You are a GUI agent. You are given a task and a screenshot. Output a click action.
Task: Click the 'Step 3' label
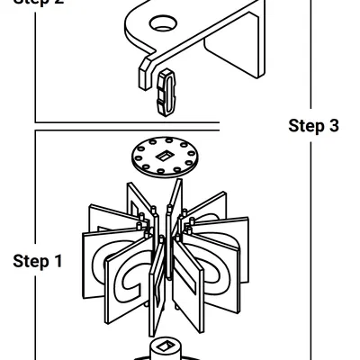(x=313, y=125)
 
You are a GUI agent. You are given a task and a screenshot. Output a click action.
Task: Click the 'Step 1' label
(x=38, y=262)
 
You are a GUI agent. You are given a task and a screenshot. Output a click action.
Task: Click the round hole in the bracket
(x=163, y=22)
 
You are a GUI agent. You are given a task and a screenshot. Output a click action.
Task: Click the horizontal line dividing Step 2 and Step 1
(x=126, y=121)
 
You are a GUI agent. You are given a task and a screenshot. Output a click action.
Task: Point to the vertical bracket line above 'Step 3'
(x=310, y=54)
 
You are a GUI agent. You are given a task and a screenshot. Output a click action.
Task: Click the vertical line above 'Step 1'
(x=36, y=189)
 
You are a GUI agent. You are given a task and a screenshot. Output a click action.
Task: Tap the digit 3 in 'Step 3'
(x=334, y=125)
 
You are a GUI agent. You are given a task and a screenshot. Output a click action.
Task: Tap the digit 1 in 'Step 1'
(x=58, y=262)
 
